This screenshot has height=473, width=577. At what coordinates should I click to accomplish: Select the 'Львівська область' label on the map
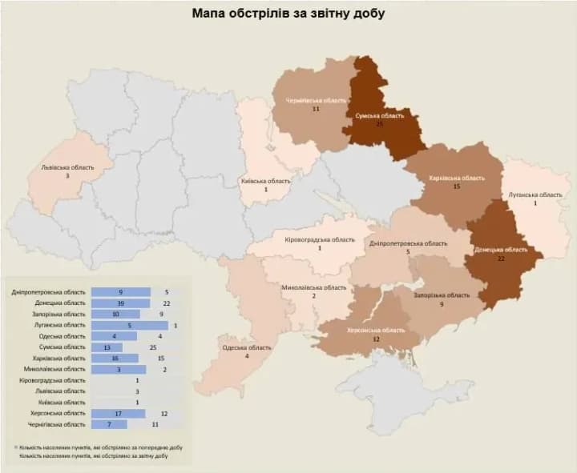[67, 168]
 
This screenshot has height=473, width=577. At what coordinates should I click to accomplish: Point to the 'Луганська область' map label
[535, 194]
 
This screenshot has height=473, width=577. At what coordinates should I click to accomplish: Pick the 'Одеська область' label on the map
[246, 347]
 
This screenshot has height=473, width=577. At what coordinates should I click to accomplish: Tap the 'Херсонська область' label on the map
[376, 330]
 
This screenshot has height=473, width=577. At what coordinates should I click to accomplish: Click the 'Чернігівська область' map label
[317, 101]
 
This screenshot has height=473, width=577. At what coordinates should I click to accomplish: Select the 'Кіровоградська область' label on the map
[320, 240]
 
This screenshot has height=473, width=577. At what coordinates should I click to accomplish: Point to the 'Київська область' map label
[266, 181]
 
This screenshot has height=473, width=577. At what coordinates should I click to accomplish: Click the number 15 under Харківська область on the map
[456, 186]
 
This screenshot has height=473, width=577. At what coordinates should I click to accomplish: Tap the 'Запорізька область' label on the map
[442, 295]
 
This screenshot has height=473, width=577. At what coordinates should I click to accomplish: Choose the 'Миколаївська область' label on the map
[314, 287]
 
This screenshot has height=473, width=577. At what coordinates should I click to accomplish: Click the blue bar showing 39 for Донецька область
[121, 303]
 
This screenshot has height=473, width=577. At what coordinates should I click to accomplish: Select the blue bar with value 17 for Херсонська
[119, 413]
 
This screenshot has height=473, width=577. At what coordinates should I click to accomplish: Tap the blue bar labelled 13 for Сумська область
[107, 347]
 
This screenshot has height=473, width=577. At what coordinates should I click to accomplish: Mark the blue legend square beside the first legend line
[16, 447]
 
